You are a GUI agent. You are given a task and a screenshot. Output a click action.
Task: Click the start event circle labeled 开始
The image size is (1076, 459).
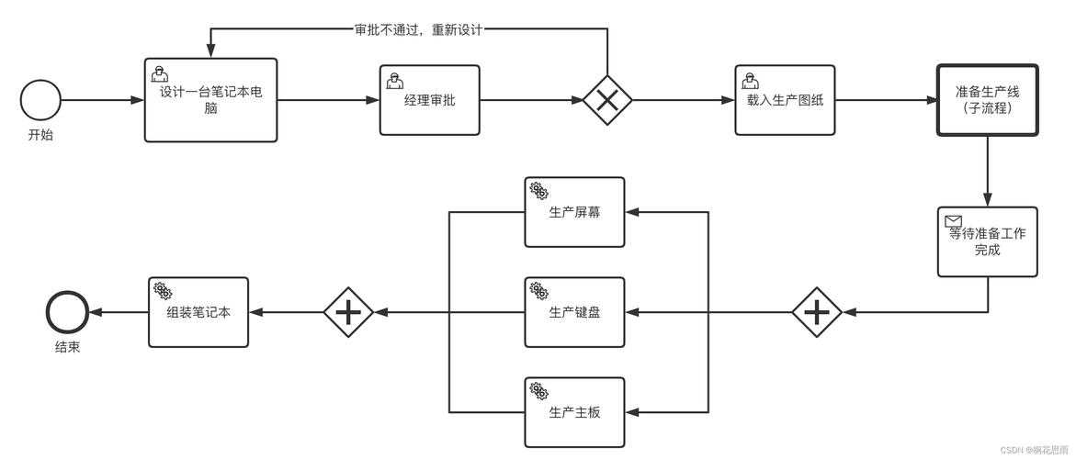[40, 100]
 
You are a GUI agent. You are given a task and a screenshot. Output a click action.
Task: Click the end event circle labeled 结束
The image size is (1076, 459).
[67, 313]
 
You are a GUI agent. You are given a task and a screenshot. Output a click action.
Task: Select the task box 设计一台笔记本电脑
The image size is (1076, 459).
[210, 100]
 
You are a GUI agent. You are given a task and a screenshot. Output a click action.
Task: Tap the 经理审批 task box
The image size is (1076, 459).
[429, 100]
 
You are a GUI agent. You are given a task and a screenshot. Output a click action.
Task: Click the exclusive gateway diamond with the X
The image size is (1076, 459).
[607, 100]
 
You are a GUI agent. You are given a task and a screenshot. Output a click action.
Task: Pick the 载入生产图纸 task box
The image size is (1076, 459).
[785, 100]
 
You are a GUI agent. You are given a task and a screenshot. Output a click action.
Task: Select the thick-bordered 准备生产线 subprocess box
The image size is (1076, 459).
[987, 100]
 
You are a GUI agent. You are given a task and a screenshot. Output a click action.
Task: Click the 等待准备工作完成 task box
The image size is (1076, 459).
[987, 241]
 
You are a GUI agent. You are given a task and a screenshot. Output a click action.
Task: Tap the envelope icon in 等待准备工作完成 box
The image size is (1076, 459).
[953, 221]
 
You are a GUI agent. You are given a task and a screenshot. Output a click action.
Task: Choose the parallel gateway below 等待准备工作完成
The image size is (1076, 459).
[817, 313]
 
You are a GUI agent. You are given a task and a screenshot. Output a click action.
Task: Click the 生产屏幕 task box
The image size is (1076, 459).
[574, 212]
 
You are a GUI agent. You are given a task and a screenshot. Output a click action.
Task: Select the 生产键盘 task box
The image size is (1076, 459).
[574, 312]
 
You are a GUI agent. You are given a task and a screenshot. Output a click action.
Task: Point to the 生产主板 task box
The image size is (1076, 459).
[574, 412]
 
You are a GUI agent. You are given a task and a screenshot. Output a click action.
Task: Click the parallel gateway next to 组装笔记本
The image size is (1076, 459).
[348, 313]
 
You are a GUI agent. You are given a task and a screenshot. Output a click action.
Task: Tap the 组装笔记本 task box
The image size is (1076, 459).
[198, 312]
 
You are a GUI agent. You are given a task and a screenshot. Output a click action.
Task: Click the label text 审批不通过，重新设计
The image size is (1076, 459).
[418, 28]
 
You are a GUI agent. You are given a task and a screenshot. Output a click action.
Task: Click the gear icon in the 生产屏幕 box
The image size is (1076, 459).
[539, 192]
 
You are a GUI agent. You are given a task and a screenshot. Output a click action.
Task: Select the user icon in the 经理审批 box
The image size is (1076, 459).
[395, 80]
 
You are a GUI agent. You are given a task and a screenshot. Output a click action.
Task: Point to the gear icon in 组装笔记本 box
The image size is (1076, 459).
[164, 291]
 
